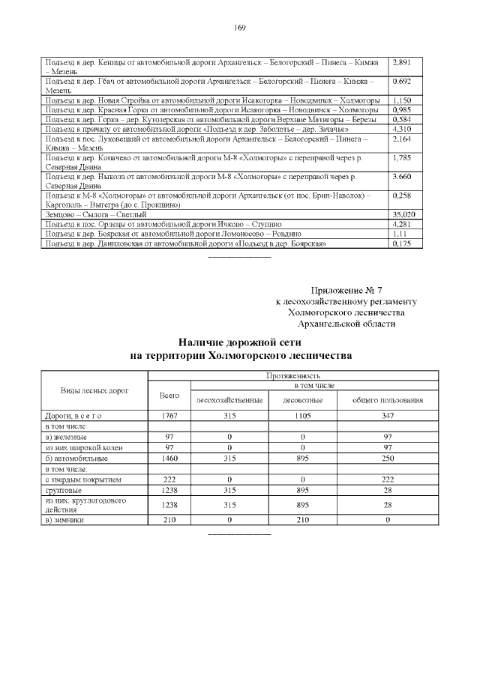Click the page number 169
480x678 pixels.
click(x=240, y=28)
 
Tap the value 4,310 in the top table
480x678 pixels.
click(x=402, y=130)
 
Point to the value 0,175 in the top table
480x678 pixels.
click(x=402, y=243)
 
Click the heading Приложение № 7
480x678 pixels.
click(x=346, y=290)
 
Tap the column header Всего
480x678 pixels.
click(x=169, y=395)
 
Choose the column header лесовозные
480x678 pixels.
click(x=301, y=400)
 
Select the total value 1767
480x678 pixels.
click(x=169, y=415)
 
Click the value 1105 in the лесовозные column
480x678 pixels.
click(x=301, y=415)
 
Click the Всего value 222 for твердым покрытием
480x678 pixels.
click(x=169, y=478)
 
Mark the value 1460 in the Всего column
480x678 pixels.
click(x=169, y=457)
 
